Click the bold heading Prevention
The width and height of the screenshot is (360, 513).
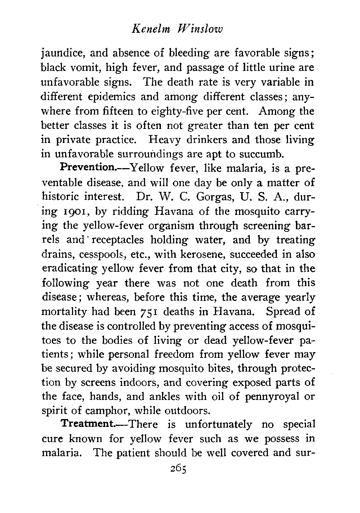click(86, 168)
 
